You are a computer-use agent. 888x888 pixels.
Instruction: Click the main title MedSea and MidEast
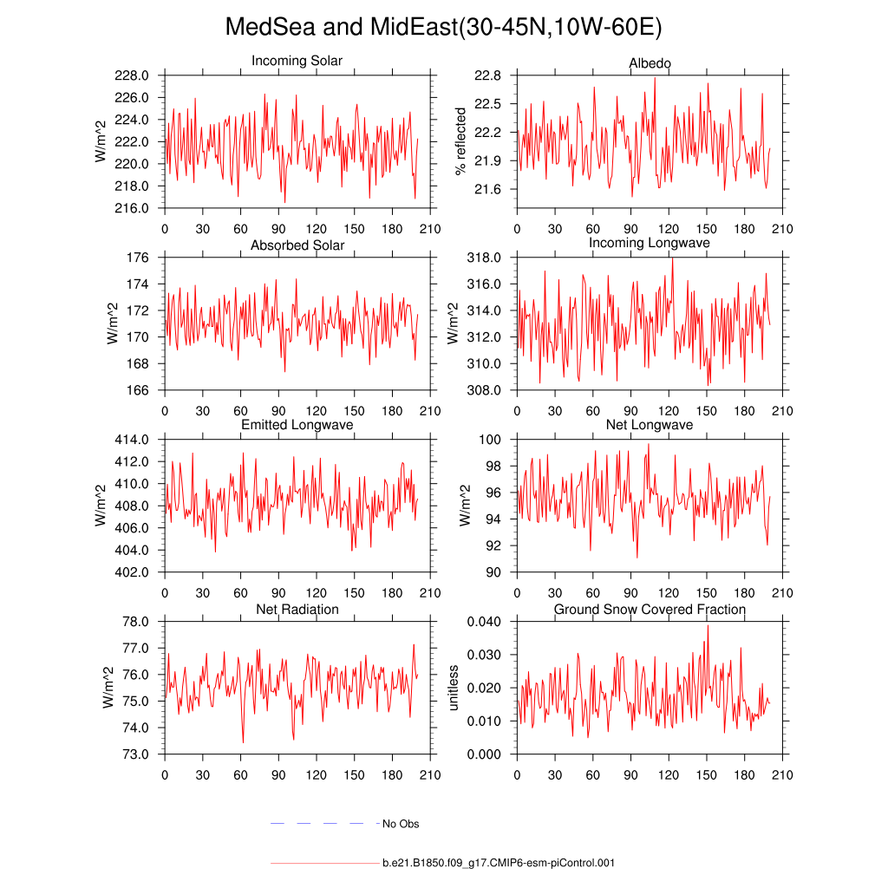443,28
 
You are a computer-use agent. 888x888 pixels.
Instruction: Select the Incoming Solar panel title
297,62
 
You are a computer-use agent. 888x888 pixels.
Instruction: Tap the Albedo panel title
650,64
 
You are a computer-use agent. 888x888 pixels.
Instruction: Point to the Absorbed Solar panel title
297,245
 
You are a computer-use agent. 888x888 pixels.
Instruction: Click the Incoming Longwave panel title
650,243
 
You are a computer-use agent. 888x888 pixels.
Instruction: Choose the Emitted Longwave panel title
297,425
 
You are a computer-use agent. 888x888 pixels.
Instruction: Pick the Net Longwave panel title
650,425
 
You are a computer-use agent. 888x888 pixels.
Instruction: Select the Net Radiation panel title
297,610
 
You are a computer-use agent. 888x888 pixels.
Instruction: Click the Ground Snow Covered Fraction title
650,610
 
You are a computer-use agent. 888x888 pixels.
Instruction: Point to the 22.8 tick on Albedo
489,76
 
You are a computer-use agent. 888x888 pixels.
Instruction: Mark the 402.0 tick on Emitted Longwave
133,572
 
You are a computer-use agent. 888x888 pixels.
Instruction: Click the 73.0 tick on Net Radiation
137,754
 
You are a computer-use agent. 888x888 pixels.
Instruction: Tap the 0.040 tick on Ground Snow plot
485,622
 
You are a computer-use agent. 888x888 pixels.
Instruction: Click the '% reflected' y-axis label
460,140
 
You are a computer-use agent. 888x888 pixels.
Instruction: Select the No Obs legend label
401,824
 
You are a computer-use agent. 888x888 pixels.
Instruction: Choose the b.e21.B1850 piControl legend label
499,864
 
